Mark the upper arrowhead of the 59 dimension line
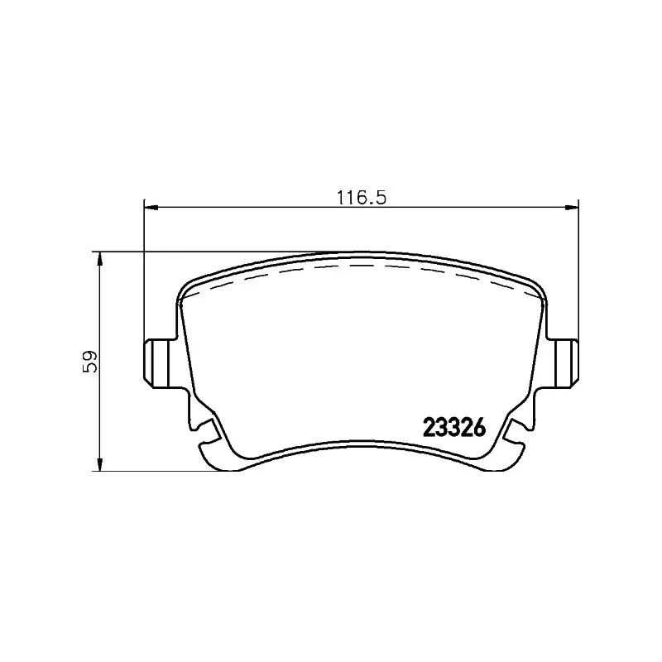(x=100, y=259)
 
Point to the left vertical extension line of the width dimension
(x=144, y=273)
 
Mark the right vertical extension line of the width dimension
(x=577, y=273)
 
